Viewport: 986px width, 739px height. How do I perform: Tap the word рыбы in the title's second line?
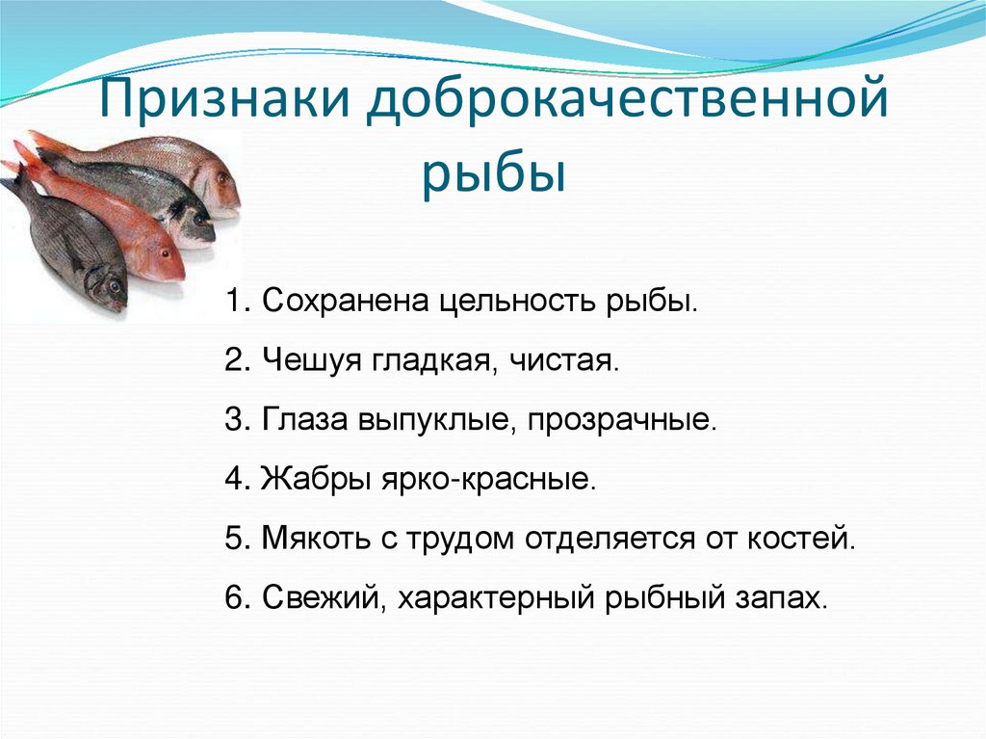[x=492, y=175]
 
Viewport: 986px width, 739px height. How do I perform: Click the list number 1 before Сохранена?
[x=234, y=301]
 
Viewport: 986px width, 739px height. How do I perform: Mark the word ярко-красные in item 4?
[x=506, y=479]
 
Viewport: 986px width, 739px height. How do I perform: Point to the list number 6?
[x=234, y=597]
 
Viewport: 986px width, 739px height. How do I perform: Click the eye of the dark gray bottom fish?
[x=114, y=286]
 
